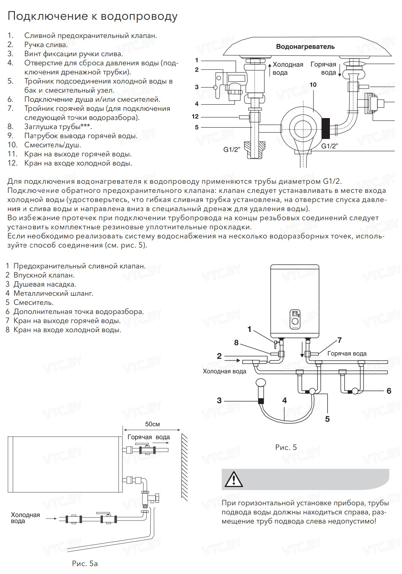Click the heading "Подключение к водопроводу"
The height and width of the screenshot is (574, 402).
point(92,17)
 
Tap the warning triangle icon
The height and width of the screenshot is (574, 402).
point(233,479)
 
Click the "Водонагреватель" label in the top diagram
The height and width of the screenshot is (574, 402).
point(305,47)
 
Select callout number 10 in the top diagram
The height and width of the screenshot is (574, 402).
point(313,85)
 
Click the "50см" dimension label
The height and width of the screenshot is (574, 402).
point(153,424)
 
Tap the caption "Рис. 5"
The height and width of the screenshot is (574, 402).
point(286,447)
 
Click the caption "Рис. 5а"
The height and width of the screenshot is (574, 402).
point(85,563)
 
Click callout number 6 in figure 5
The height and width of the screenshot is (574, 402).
point(389,391)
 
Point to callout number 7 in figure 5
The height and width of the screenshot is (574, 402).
point(339,340)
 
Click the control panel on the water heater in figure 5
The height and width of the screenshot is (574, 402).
point(295,317)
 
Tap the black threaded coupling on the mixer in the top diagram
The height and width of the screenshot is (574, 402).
point(326,128)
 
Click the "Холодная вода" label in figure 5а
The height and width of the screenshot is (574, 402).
point(25,518)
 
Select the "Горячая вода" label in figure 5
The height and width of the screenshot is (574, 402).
point(347,353)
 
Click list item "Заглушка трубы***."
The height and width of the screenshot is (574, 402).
point(58,127)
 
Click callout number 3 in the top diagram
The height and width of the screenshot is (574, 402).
point(197,87)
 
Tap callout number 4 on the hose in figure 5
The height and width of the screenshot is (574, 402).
point(284,401)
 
